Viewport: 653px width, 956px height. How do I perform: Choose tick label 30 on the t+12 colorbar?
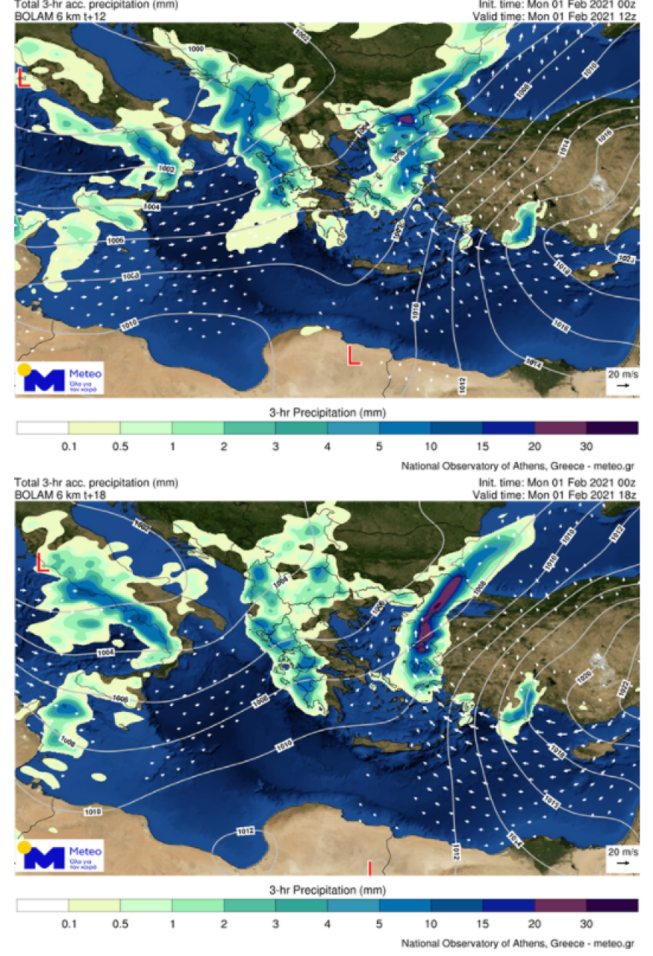(586, 446)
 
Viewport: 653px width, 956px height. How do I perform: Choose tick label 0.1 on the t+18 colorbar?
(69, 924)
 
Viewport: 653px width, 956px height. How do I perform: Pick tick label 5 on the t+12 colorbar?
(379, 446)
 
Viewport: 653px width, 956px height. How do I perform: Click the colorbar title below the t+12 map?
(327, 412)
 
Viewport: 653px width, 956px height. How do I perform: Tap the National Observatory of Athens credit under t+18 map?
(517, 943)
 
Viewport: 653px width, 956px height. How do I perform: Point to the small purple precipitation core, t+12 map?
(405, 119)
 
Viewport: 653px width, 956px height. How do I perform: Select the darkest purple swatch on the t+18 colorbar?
(611, 905)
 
